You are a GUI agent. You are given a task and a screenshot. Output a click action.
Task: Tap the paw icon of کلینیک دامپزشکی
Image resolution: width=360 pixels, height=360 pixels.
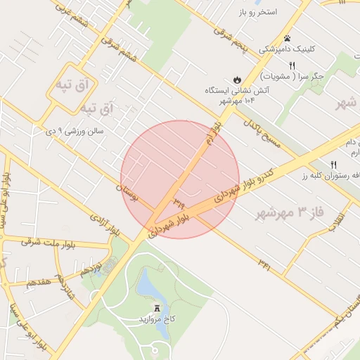(x=287, y=38)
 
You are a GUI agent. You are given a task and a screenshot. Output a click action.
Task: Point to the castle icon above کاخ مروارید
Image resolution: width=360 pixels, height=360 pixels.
(x=157, y=307)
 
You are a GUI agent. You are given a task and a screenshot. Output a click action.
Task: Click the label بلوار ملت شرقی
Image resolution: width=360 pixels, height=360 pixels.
(x=40, y=242)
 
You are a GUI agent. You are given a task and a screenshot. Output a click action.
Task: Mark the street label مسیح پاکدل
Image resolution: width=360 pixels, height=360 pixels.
(x=262, y=133)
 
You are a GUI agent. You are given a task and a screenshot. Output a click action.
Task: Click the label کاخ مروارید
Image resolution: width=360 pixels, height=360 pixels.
(x=156, y=319)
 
